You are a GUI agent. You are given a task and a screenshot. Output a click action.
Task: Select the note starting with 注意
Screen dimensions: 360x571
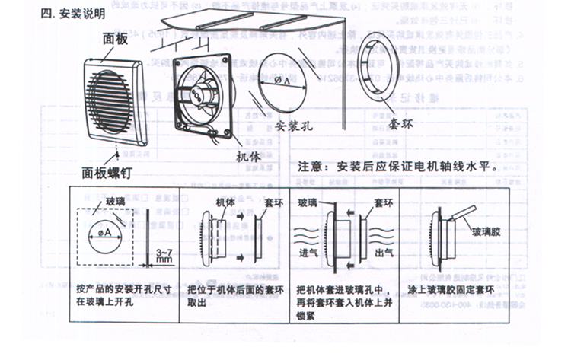point(397,166)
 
